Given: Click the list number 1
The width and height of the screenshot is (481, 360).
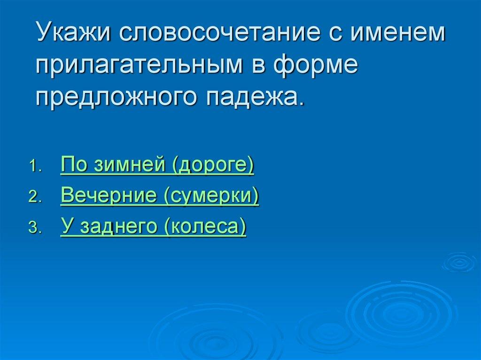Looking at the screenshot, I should (35, 168).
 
